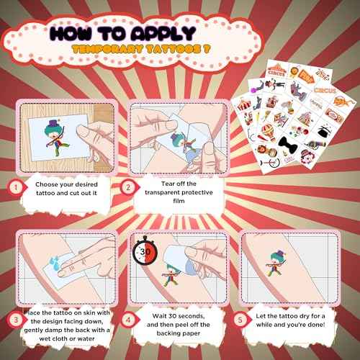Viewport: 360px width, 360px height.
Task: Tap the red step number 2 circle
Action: click(128, 186)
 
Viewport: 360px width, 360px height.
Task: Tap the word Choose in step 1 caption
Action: click(48, 183)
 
